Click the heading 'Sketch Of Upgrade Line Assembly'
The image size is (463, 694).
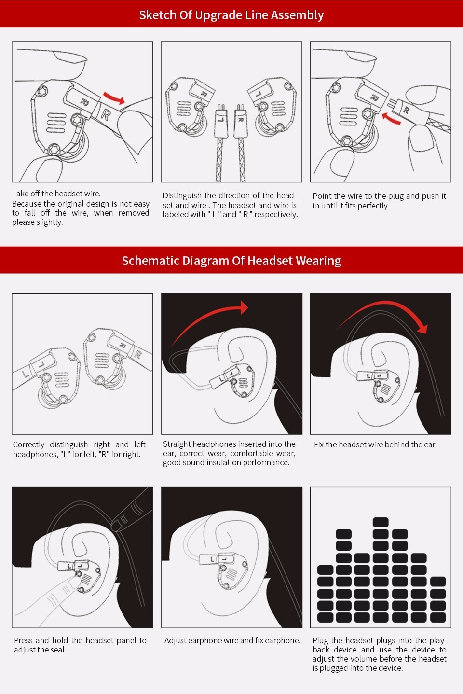[231, 15]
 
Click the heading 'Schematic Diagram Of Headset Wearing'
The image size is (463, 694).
[231, 261]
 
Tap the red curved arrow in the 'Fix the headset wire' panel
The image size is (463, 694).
[386, 314]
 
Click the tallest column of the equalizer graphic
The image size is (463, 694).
[381, 569]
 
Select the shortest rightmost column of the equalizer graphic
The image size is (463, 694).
[437, 599]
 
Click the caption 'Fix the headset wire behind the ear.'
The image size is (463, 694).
[375, 444]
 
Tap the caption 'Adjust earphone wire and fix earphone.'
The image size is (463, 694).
[232, 640]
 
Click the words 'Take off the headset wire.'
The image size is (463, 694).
[56, 194]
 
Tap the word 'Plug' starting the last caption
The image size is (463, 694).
[320, 640]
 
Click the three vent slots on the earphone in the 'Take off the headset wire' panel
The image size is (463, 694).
[56, 124]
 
